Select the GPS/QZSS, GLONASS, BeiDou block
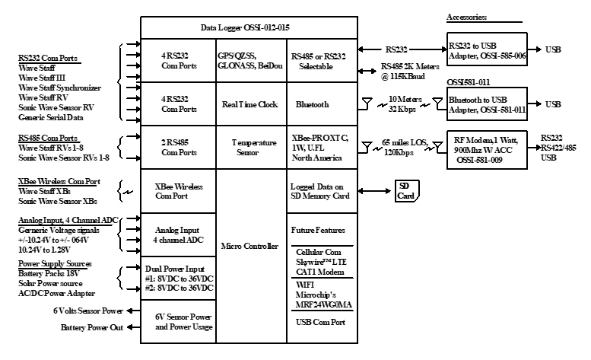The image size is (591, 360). tap(249, 60)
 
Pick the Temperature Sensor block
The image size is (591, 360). tap(249, 146)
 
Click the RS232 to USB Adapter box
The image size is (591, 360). tap(485, 50)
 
